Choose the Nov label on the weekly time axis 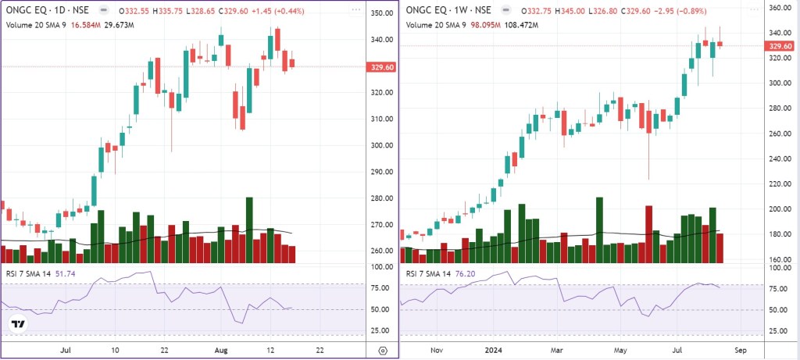point(437,351)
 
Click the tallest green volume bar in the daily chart point(249,230)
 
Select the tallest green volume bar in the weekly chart point(599,230)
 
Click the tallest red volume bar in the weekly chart point(648,234)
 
